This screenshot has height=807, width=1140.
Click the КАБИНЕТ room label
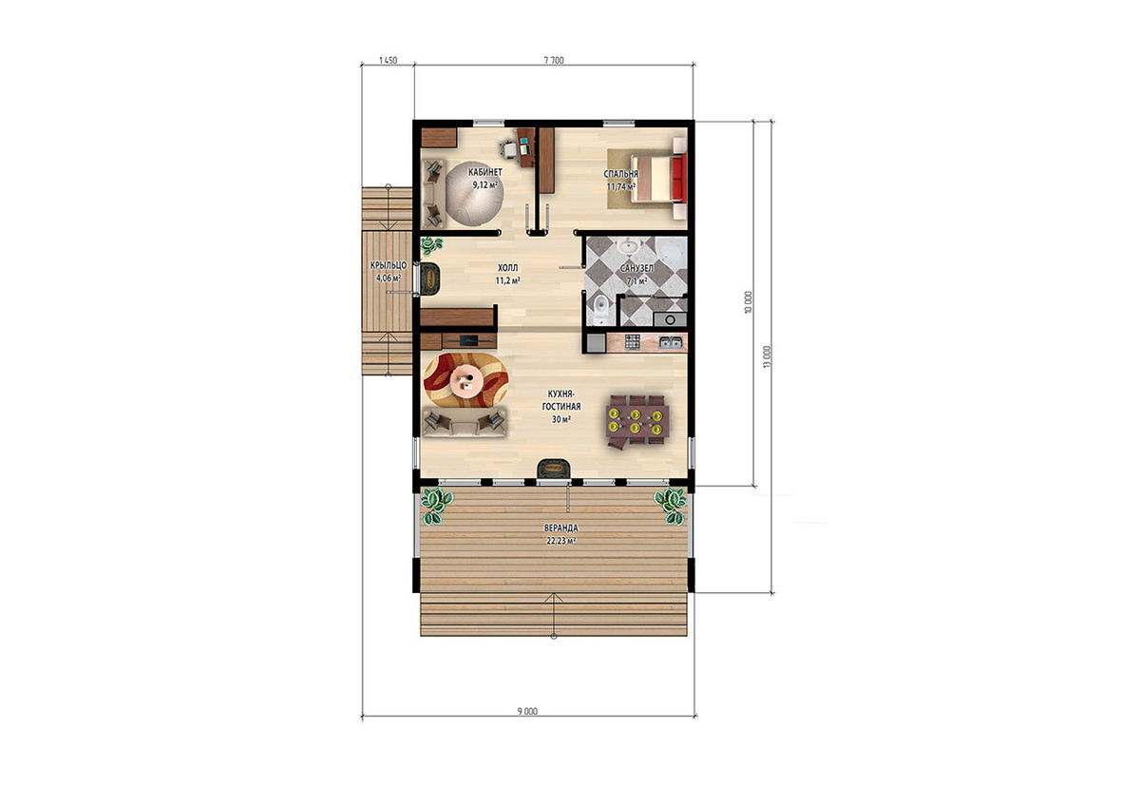point(485,172)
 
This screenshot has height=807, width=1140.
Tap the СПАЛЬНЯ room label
point(621,174)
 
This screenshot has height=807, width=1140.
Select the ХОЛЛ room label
point(507,268)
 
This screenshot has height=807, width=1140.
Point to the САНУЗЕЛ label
point(636,268)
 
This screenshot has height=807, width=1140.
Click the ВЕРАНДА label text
point(560,528)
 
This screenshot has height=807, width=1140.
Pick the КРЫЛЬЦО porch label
point(389,265)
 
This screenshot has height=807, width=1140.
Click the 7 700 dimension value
point(554,60)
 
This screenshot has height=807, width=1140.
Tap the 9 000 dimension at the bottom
point(527,711)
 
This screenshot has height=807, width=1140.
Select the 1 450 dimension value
point(388,60)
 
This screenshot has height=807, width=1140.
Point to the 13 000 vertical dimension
point(768,356)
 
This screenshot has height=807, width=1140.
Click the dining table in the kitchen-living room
point(637,420)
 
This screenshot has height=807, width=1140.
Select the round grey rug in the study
point(475,193)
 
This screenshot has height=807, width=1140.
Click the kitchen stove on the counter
point(632,342)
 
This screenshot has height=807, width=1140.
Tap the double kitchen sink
point(671,342)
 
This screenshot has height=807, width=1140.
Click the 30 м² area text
point(560,419)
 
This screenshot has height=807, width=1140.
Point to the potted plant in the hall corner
point(431,245)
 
